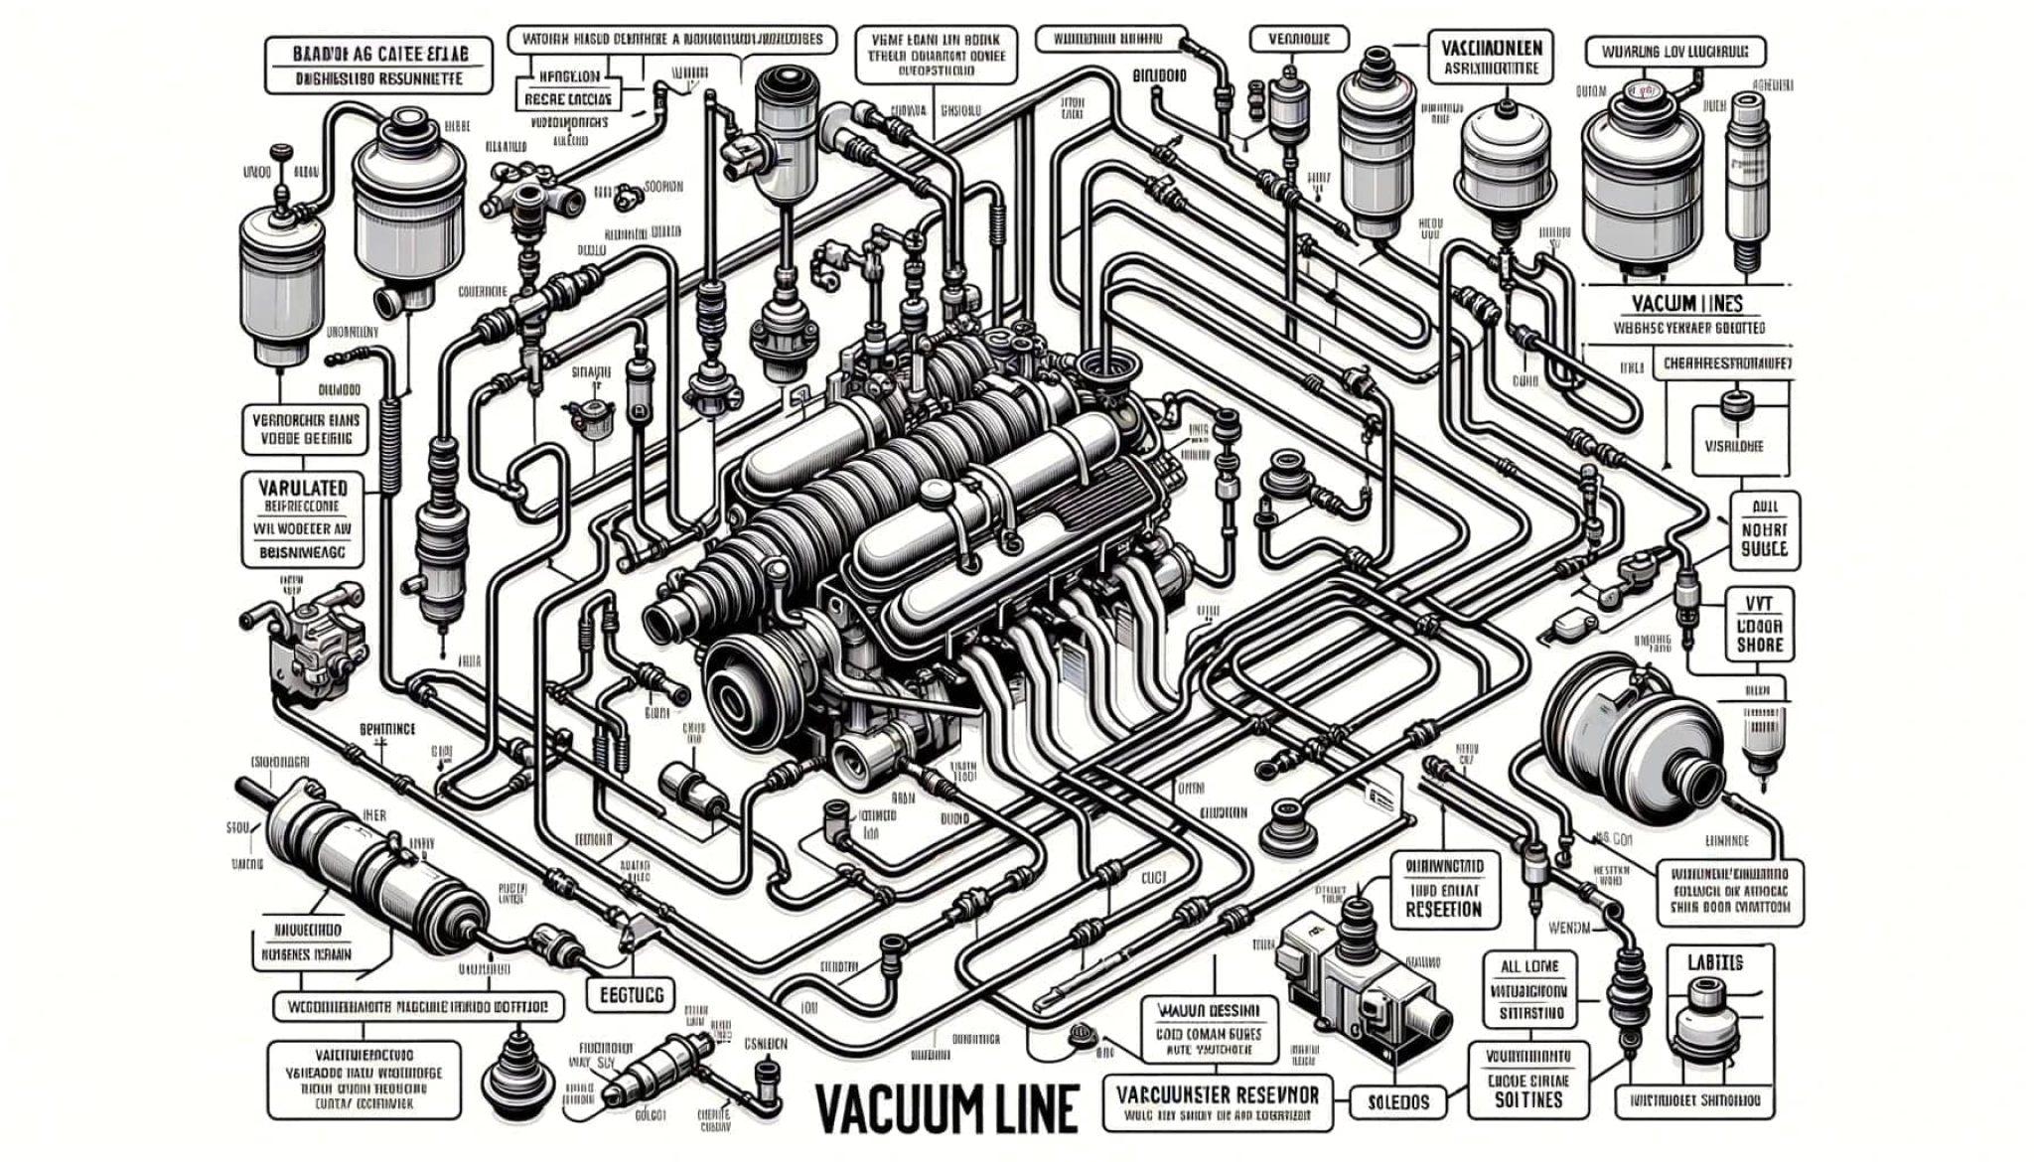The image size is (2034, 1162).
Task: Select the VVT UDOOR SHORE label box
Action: [1760, 623]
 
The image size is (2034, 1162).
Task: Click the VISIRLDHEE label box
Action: [1735, 446]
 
